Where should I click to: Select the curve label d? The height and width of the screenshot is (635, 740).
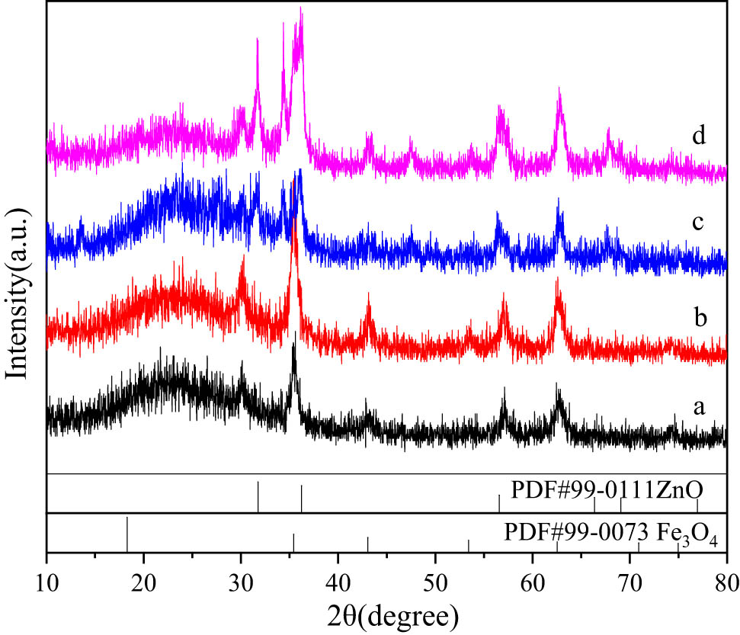pos(697,138)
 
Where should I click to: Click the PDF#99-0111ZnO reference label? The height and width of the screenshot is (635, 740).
pos(606,489)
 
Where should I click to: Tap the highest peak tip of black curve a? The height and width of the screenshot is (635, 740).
pos(294,332)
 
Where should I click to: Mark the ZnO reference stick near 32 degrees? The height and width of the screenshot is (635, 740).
pos(258,496)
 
